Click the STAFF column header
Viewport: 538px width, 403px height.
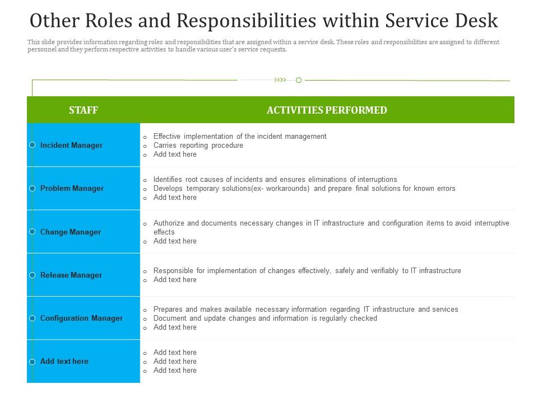[84, 110]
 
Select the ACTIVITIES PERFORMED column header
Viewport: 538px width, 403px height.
[327, 110]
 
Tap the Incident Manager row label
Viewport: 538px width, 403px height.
[71, 146]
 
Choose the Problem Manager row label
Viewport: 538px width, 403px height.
[72, 189]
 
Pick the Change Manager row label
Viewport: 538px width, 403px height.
[71, 232]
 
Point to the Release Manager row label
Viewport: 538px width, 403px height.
[71, 275]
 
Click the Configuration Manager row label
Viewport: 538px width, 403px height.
[81, 318]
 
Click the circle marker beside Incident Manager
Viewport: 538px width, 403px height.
[33, 145]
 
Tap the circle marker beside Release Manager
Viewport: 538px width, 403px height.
[33, 275]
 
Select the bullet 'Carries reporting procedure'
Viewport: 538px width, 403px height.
[198, 146]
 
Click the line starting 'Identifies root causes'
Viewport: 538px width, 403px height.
[275, 180]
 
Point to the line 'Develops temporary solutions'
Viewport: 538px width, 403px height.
[304, 189]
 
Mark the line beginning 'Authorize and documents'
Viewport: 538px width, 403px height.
[331, 223]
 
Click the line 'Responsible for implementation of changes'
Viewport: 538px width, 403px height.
[307, 271]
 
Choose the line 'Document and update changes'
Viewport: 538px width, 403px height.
[265, 318]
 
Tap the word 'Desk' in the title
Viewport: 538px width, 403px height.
[477, 21]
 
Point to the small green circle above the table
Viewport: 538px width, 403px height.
[299, 80]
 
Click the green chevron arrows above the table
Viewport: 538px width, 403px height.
[280, 80]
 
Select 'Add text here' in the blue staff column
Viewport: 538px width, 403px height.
[64, 362]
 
